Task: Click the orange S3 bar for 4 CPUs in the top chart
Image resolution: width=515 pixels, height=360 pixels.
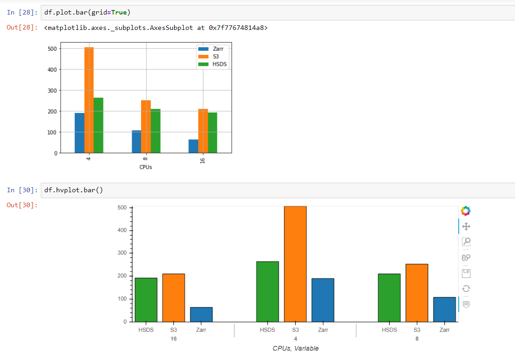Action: tap(89, 100)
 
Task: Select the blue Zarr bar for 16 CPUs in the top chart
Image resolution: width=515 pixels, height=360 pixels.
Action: tap(193, 146)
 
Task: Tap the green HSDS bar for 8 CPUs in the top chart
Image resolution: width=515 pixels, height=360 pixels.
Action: tap(156, 131)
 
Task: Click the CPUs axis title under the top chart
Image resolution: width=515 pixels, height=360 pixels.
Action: tap(146, 167)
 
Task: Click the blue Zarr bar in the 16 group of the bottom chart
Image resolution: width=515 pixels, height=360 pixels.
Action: tap(201, 314)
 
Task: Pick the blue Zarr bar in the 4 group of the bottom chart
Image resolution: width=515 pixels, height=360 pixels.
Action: tap(323, 300)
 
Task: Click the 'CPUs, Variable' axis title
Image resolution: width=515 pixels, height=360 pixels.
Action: tap(295, 348)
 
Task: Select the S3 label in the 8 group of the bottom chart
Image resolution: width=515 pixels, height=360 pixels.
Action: tap(417, 330)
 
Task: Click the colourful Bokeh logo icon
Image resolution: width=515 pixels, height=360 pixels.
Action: tap(466, 211)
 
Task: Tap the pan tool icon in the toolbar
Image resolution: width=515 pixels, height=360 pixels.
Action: tap(466, 226)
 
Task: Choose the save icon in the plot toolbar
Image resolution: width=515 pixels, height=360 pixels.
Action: tap(466, 273)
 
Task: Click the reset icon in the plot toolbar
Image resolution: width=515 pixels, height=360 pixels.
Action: tap(466, 289)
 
